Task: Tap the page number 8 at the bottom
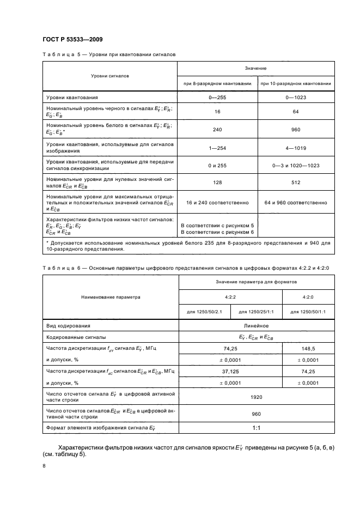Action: coord(44,466)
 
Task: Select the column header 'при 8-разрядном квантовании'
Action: coord(217,83)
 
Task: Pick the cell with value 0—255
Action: coord(217,98)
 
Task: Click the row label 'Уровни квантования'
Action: coord(72,98)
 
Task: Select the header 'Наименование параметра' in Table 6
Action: coord(111,297)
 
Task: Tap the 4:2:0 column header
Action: coord(308,297)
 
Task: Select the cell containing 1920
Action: coord(257,397)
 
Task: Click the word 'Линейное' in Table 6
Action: coord(257,325)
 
